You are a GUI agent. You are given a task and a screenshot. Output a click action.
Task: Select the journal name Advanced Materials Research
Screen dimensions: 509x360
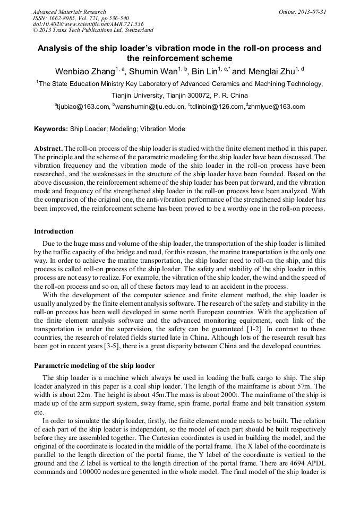(x=69, y=12)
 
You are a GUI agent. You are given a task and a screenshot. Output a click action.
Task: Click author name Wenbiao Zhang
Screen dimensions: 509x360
(x=84, y=72)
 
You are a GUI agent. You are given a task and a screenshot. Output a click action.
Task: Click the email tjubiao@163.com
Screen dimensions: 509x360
(x=83, y=107)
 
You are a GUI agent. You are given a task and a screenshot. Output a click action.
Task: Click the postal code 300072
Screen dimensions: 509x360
(x=194, y=96)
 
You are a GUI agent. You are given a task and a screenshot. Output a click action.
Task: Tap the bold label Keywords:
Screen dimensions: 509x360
(x=51, y=129)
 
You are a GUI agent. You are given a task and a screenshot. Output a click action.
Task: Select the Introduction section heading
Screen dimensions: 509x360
(x=54, y=231)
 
